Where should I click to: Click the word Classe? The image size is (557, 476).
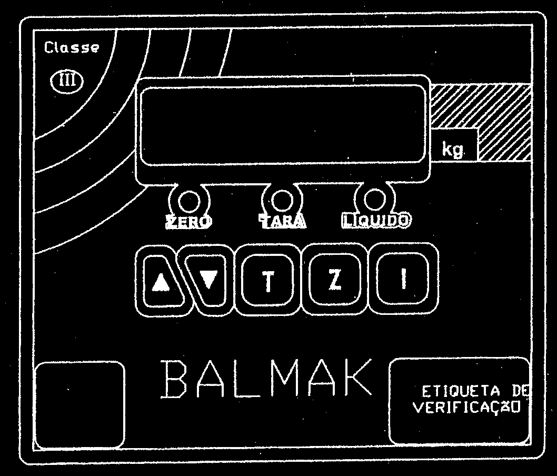(72, 47)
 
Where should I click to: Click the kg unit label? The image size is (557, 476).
(453, 149)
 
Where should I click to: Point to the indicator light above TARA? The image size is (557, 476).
(282, 200)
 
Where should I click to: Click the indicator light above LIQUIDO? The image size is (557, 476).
(375, 200)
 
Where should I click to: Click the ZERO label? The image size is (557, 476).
(189, 222)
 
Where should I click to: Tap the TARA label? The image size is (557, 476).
(282, 221)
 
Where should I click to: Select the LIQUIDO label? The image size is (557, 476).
(376, 220)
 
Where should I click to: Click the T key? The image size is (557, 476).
(268, 280)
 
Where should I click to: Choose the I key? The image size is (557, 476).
(403, 279)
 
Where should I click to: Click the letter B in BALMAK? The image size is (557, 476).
(174, 380)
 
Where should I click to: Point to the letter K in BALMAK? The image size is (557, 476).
(356, 377)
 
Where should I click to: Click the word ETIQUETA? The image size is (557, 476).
(461, 391)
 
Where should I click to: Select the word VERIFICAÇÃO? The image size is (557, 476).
(466, 407)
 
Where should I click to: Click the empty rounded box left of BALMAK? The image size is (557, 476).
(80, 404)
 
